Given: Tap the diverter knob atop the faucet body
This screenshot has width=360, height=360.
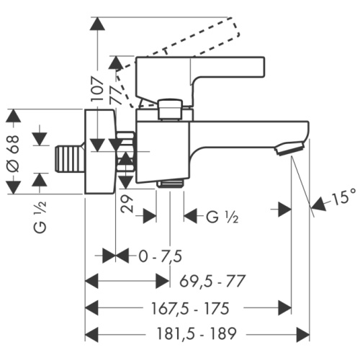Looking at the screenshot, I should point(170,108).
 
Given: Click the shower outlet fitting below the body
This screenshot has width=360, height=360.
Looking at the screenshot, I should point(170,184).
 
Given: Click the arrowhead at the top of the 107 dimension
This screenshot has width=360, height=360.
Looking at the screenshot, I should point(97,23).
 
